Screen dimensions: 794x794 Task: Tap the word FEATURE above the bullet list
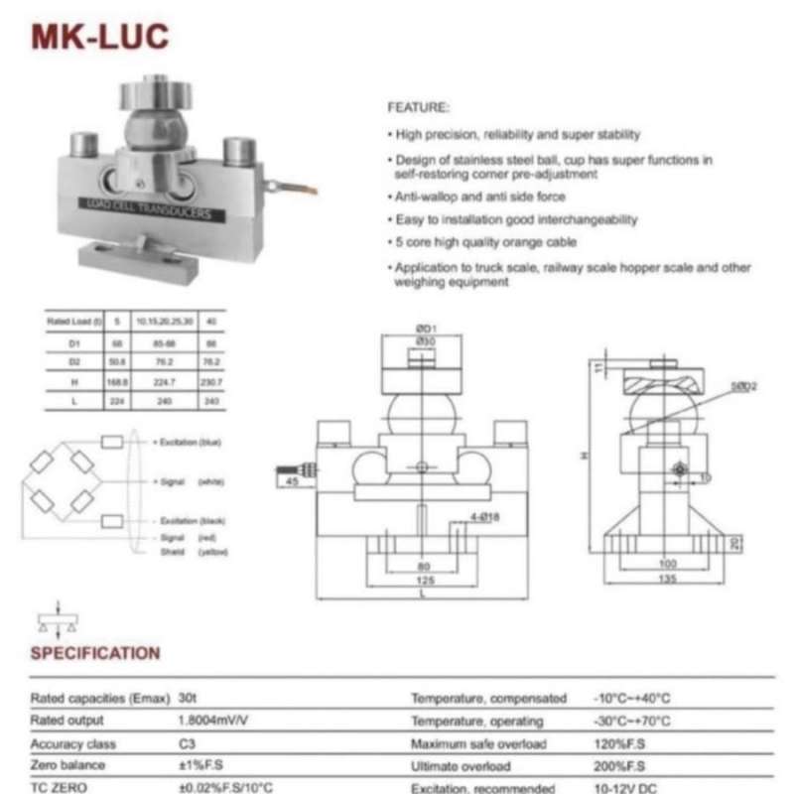click(x=418, y=107)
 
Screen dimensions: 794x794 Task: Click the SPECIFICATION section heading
click(x=95, y=653)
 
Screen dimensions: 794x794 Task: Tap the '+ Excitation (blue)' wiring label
click(x=190, y=440)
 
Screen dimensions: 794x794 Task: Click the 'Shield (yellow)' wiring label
click(x=188, y=551)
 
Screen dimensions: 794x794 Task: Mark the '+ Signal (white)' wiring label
click(x=189, y=481)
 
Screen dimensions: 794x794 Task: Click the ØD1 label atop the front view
click(x=423, y=330)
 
